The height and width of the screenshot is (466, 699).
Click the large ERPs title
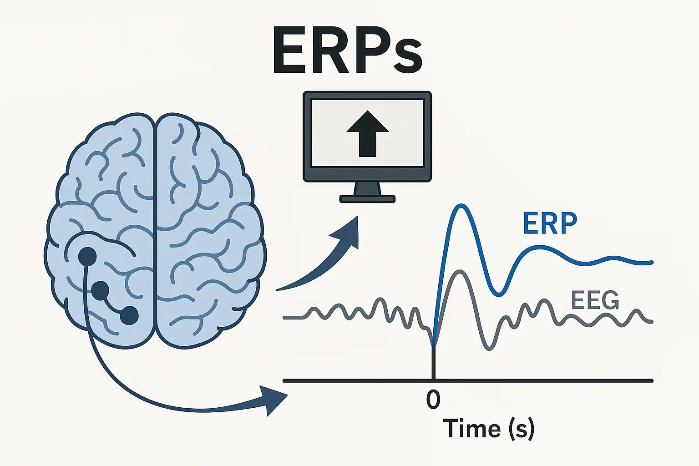[347, 51]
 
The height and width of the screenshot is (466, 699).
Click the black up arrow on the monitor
[367, 133]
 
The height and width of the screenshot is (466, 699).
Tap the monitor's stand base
[367, 199]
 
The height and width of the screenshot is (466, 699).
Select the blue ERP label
[550, 223]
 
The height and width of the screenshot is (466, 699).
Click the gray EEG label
[594, 301]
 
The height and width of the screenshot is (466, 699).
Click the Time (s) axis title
[488, 428]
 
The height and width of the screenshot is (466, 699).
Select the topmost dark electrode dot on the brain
[87, 256]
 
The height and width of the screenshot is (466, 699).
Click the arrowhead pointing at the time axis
[275, 399]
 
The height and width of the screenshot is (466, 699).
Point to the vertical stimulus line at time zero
[433, 364]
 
